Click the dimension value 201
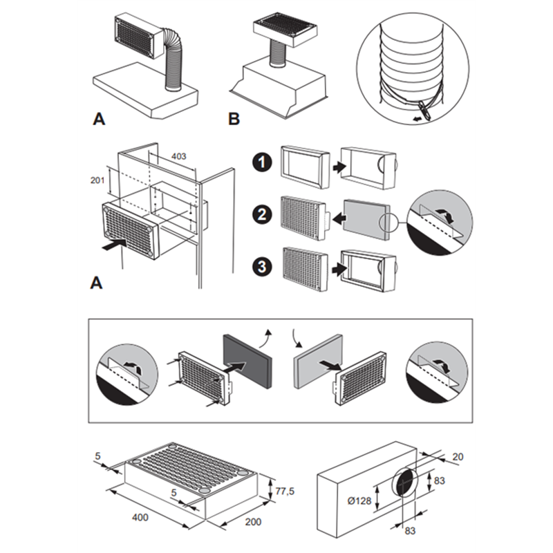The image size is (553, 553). (97, 179)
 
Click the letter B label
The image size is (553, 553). (234, 119)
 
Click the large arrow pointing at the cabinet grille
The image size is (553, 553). (113, 243)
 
